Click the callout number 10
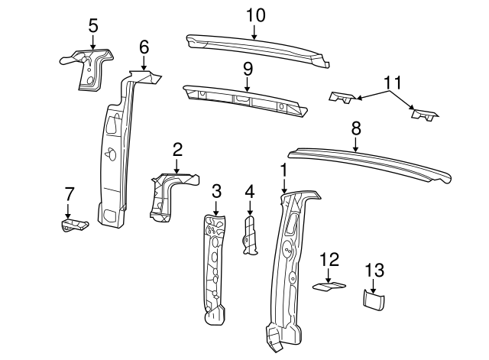(x=256, y=15)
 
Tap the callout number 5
(x=93, y=25)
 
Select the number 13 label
(x=374, y=270)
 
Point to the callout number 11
(x=392, y=83)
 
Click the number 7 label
(x=70, y=194)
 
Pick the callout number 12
(x=329, y=260)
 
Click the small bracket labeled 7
(x=73, y=225)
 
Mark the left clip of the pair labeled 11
(x=342, y=98)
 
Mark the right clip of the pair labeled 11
(x=425, y=115)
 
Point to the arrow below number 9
(x=248, y=84)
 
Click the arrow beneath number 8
(x=355, y=144)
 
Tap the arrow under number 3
(x=215, y=208)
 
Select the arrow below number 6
(x=144, y=63)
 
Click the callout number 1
(x=283, y=170)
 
